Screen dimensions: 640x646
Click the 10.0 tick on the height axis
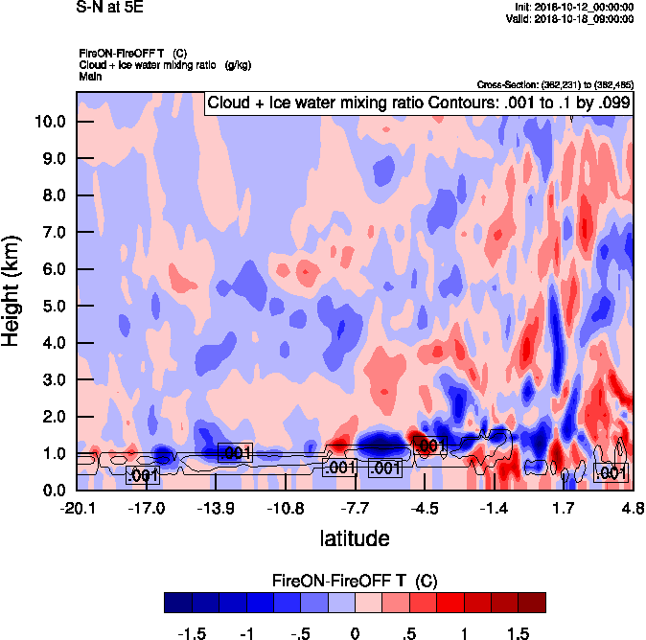point(50,122)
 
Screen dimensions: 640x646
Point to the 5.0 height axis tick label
point(54,307)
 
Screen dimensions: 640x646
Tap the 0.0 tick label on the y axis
point(54,491)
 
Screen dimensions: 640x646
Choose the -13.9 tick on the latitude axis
point(216,506)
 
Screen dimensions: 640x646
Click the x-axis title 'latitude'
point(355,538)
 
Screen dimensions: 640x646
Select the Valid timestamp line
point(571,18)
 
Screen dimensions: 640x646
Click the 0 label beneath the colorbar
point(355,633)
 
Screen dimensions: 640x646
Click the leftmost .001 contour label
point(142,475)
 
